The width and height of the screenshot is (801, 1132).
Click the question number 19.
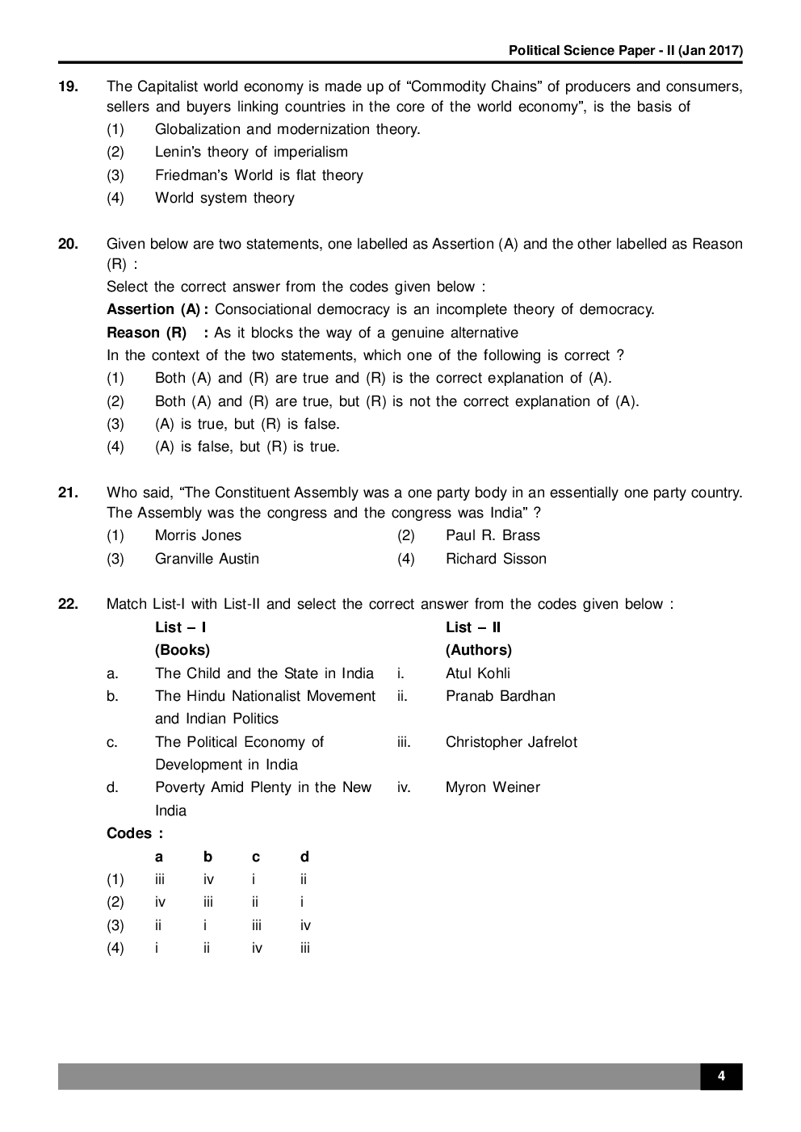pos(68,86)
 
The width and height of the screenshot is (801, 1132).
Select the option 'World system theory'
pos(224,198)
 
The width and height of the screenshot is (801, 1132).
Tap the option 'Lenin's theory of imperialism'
pos(251,152)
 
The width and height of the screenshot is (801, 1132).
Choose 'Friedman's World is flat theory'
pos(258,175)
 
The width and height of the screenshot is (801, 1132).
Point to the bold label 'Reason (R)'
pos(146,333)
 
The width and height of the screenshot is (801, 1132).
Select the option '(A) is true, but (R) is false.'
pos(247,424)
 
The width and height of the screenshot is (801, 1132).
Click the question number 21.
pos(68,493)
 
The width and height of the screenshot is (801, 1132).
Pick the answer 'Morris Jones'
pos(198,535)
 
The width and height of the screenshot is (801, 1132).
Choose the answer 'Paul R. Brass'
pos(493,535)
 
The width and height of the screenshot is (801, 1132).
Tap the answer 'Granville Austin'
pos(207,559)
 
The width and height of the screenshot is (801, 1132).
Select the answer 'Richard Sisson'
pos(496,559)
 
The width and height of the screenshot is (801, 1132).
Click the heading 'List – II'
pos(473,627)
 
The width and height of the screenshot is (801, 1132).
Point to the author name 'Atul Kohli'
pos(478,673)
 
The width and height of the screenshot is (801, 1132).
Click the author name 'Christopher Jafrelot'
pos(511,742)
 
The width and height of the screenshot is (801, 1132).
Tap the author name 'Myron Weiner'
pos(493,787)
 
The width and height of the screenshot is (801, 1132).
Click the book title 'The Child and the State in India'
pos(264,673)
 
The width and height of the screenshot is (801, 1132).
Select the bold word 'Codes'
pos(129,833)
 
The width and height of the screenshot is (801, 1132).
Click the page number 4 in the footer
pos(721,1076)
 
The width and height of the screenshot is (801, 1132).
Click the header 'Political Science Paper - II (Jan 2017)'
pos(626,51)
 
